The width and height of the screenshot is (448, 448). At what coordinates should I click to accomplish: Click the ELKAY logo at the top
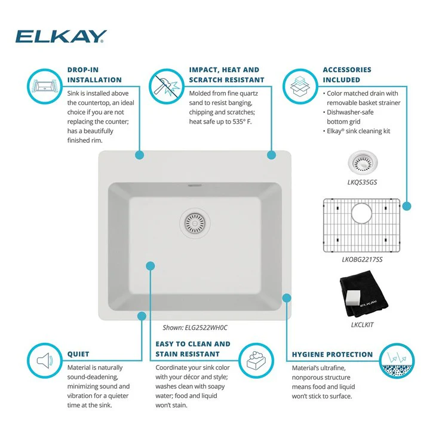pos(61,36)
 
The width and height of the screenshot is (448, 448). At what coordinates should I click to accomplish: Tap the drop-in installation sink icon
pos(45,86)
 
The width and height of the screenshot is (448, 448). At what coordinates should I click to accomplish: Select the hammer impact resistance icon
pos(167,86)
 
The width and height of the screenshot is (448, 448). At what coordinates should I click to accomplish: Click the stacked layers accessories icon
pos(300,86)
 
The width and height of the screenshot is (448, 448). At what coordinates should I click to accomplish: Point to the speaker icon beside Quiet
pos(45,360)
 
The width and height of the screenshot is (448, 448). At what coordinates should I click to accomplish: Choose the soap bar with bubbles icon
pos(256,360)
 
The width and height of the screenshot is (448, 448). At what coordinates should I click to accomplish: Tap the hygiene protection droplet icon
pos(397,360)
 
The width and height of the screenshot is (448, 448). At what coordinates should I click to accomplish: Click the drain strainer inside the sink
pos(195,223)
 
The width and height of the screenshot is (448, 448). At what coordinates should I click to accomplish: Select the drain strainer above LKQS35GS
pos(363,163)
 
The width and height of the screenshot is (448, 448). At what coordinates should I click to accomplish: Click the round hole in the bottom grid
pos(362,213)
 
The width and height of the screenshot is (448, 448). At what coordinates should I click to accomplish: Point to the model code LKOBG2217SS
pos(362,259)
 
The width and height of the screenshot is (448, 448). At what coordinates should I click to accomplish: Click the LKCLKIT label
pos(362,324)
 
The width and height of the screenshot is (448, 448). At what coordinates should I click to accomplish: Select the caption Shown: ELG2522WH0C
pos(195,327)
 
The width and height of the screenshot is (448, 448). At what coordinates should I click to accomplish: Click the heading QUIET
pos(78,354)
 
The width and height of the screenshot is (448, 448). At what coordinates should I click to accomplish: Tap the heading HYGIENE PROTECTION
pos(332,354)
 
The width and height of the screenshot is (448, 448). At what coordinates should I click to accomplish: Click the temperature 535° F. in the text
pos(242,121)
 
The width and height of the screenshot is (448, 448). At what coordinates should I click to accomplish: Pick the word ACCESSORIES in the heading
pos(347,70)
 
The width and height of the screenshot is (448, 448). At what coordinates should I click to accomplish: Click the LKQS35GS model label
pos(362,182)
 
